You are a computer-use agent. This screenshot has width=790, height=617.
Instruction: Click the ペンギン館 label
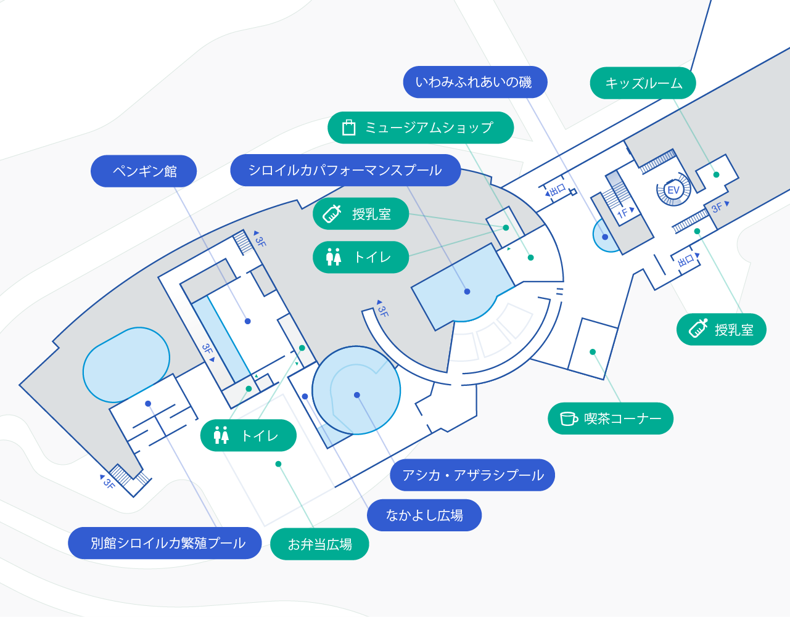pyautogui.click(x=144, y=171)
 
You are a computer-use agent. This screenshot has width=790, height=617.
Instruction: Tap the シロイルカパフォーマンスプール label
pyautogui.click(x=345, y=170)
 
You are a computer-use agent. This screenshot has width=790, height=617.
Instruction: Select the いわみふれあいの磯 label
pyautogui.click(x=475, y=82)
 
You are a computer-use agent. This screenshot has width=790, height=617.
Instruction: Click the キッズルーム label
pyautogui.click(x=643, y=83)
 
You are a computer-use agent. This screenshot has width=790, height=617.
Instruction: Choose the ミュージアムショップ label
pyautogui.click(x=421, y=128)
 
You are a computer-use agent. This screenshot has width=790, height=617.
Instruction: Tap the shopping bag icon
pyautogui.click(x=348, y=128)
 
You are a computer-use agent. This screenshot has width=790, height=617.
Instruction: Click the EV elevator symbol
pyautogui.click(x=673, y=190)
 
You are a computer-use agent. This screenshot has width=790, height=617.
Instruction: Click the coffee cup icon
pyautogui.click(x=569, y=419)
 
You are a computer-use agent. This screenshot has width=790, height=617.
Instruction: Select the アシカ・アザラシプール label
pyautogui.click(x=472, y=475)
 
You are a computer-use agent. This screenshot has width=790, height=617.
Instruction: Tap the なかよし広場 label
pyautogui.click(x=424, y=515)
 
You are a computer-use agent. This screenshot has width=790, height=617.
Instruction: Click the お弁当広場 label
pyautogui.click(x=319, y=544)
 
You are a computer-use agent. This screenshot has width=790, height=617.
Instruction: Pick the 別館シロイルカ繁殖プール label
pyautogui.click(x=165, y=543)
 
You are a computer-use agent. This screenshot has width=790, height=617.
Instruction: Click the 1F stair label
pyautogui.click(x=625, y=212)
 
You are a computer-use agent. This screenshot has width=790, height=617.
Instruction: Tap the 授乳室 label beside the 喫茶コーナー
pyautogui.click(x=722, y=329)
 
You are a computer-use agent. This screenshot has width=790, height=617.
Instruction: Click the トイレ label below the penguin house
pyautogui.click(x=249, y=435)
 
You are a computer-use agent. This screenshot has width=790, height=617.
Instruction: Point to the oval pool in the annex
pyautogui.click(x=126, y=365)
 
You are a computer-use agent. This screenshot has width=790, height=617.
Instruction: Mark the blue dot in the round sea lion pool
pyautogui.click(x=357, y=395)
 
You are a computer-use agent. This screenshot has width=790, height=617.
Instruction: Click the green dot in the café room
pyautogui.click(x=593, y=352)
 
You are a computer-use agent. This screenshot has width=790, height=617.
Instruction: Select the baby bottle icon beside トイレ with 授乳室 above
pyautogui.click(x=332, y=214)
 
